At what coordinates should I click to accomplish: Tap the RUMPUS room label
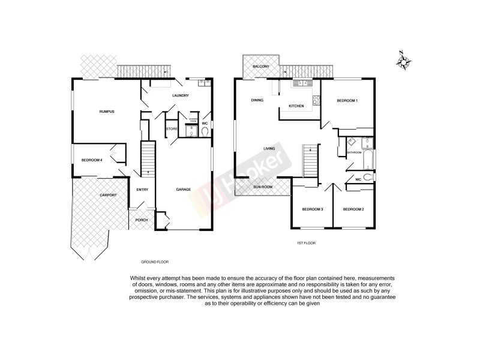pyautogui.click(x=107, y=112)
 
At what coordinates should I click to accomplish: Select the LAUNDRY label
pyautogui.click(x=180, y=96)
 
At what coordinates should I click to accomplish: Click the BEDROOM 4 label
pyautogui.click(x=92, y=160)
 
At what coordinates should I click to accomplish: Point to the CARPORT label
pyautogui.click(x=108, y=195)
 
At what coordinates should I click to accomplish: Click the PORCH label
pyautogui.click(x=142, y=220)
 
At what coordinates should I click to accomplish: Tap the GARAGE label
pyautogui.click(x=183, y=190)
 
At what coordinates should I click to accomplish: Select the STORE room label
pyautogui.click(x=172, y=128)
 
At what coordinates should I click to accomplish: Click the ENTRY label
pyautogui.click(x=142, y=190)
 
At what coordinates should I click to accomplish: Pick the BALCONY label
pyautogui.click(x=260, y=66)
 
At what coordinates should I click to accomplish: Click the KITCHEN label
pyautogui.click(x=296, y=106)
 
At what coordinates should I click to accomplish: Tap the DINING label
pyautogui.click(x=257, y=100)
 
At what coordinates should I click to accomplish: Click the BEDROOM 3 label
pyautogui.click(x=312, y=209)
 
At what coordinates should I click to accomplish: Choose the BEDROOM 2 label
pyautogui.click(x=353, y=209)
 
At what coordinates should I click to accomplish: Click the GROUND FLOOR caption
pyautogui.click(x=154, y=262)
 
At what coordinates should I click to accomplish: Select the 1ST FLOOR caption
pyautogui.click(x=307, y=243)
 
